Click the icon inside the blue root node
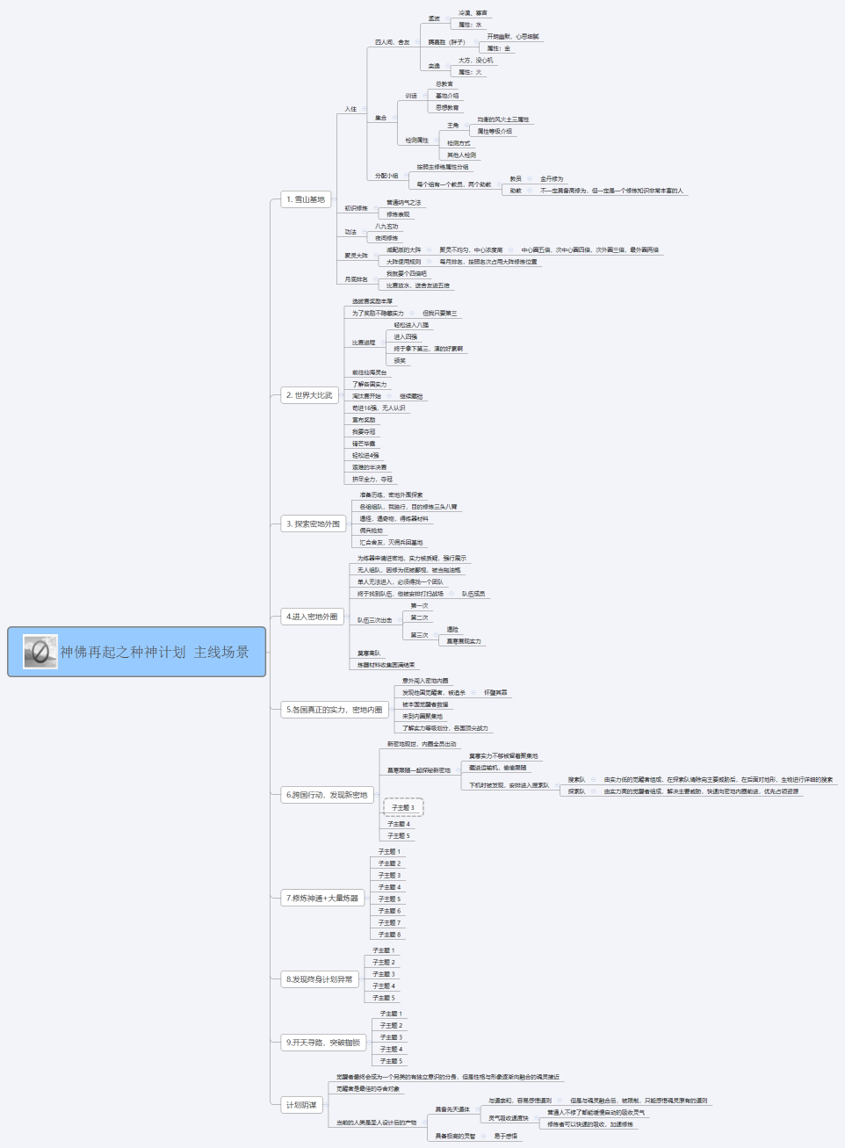[40, 652]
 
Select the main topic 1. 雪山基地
[306, 199]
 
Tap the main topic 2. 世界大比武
[309, 395]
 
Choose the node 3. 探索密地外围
[313, 524]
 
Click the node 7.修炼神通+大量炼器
[322, 899]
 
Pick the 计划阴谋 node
[301, 1105]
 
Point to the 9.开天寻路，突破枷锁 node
[323, 1043]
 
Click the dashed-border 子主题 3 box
[403, 807]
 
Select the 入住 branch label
[350, 109]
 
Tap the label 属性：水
[470, 25]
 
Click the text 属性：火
[470, 72]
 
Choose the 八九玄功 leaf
[386, 227]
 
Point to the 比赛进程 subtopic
[364, 343]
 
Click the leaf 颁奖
[400, 361]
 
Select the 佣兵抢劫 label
[371, 531]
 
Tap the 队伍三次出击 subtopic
[374, 620]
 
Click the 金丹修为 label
[552, 178]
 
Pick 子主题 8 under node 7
[389, 935]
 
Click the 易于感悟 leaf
[505, 1136]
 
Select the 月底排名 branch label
[356, 279]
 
